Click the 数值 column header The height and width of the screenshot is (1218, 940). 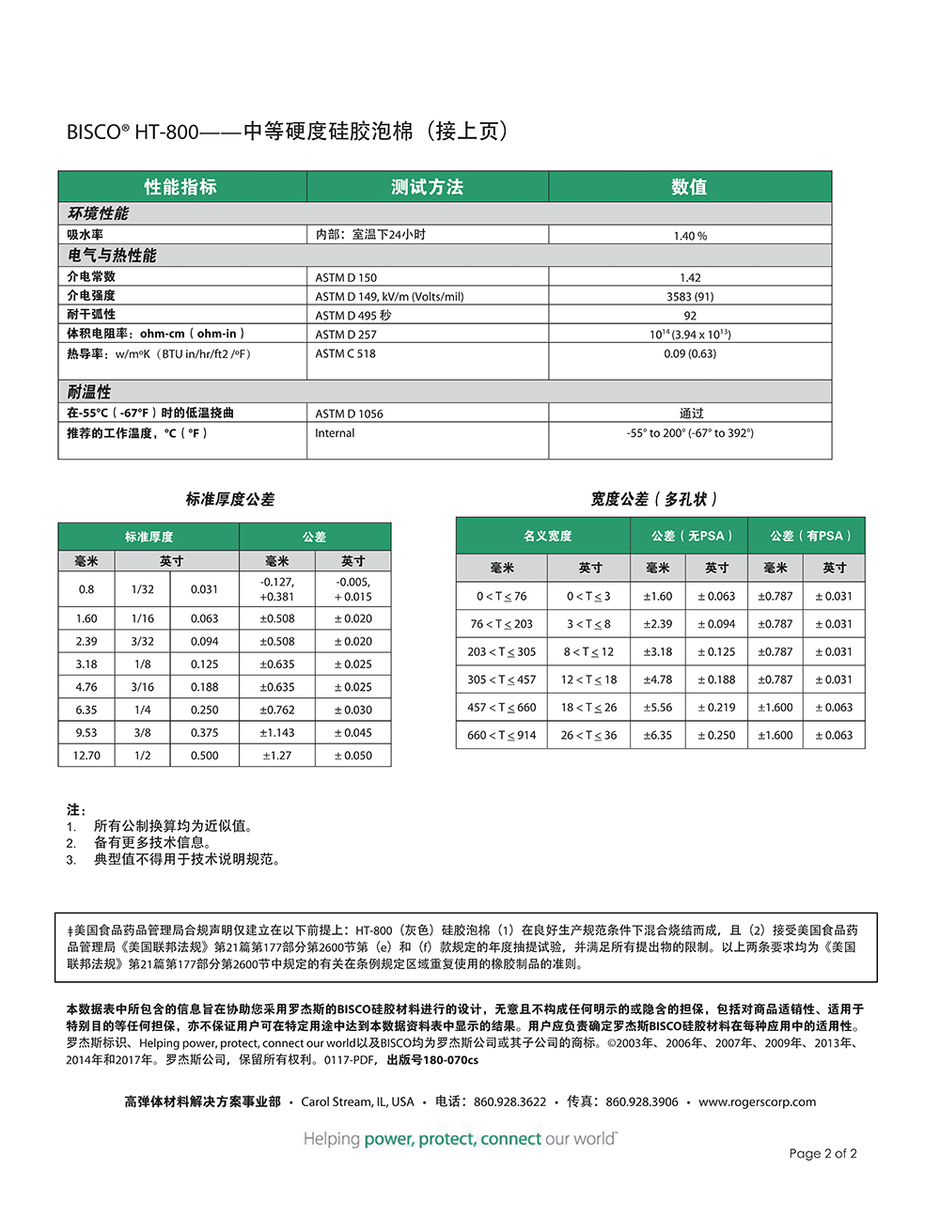[x=689, y=187]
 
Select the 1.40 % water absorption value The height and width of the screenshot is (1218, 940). [x=690, y=236]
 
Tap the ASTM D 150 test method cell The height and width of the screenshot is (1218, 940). [x=346, y=277]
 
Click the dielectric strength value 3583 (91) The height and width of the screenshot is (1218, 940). [x=690, y=296]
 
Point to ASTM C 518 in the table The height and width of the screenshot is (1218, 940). [x=345, y=353]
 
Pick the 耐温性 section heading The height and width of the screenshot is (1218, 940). [x=89, y=392]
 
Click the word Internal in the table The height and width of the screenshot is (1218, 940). [x=335, y=433]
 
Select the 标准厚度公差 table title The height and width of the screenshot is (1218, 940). [x=229, y=499]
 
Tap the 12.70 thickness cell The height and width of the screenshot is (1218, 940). [x=86, y=756]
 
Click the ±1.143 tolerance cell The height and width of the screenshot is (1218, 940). [x=277, y=733]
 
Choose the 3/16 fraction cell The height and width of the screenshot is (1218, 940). [x=143, y=687]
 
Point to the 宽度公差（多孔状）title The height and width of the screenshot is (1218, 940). [x=654, y=499]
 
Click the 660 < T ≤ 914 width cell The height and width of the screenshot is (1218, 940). [x=501, y=735]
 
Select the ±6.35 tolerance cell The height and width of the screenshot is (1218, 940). [x=658, y=735]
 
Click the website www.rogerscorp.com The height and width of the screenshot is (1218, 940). [x=757, y=1101]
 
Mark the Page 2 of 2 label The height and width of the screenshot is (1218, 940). [x=822, y=1153]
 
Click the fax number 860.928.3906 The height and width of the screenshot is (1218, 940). [x=641, y=1101]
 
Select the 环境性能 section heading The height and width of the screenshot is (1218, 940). [x=99, y=213]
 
